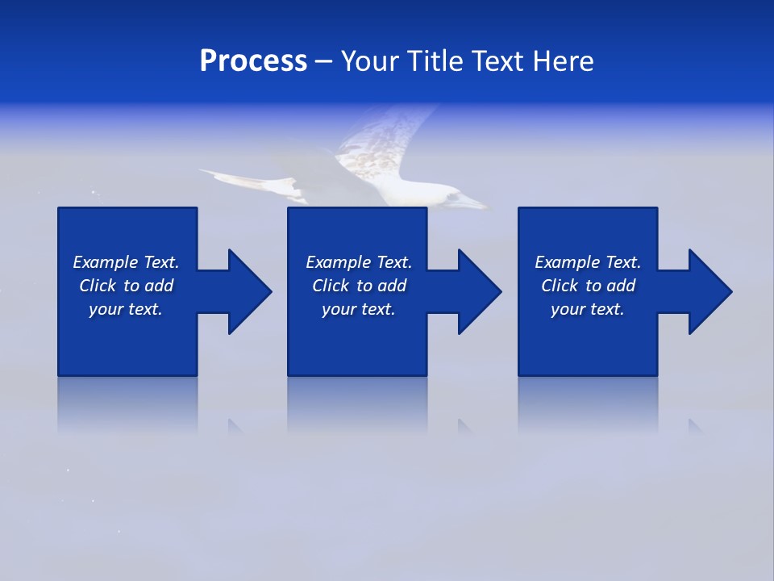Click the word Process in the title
(253, 61)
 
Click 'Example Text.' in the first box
(126, 262)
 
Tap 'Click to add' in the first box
(126, 286)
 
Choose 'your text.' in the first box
(126, 309)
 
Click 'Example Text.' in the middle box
(359, 262)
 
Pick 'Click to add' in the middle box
(359, 286)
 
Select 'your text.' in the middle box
(359, 309)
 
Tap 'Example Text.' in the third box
(588, 262)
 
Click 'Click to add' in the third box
(588, 286)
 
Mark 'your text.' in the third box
(588, 309)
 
